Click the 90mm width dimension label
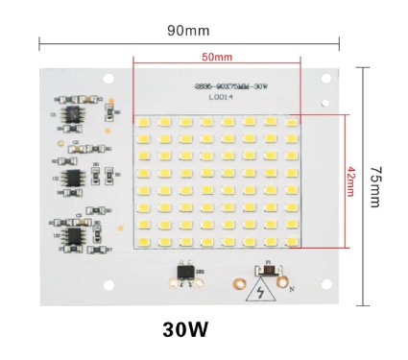click(x=189, y=31)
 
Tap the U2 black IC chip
click(x=74, y=177)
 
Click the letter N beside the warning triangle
click(x=292, y=287)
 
